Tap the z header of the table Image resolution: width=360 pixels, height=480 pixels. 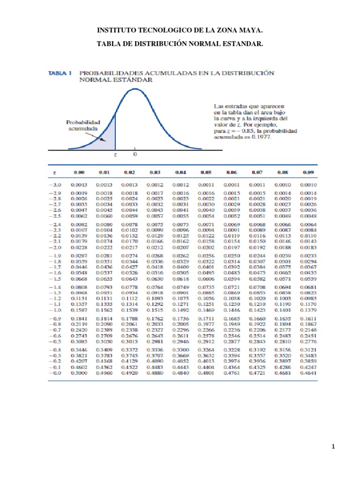tap(55, 172)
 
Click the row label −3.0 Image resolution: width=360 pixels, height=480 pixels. tap(56, 185)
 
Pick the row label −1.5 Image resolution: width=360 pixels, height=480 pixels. tap(56, 279)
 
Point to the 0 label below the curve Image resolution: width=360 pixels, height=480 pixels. tap(135, 154)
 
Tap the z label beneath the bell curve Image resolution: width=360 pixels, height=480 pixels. tap(115, 154)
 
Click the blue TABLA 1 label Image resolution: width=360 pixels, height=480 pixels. tap(60, 73)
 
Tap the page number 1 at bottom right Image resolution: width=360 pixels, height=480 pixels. tap(333, 447)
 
